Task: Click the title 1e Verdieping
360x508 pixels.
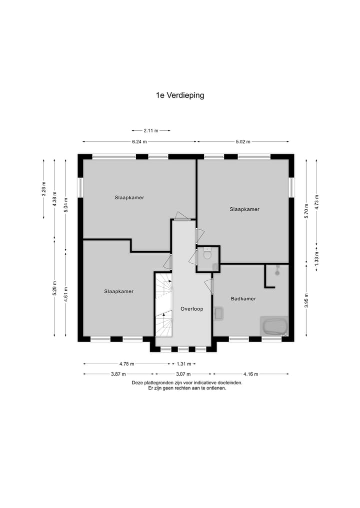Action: click(180, 95)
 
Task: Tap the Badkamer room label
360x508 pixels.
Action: click(243, 299)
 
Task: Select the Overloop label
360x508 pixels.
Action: click(191, 309)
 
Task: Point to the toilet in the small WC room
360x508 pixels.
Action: click(207, 255)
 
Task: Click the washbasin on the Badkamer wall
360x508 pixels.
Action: click(218, 313)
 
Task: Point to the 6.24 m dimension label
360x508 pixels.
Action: click(139, 142)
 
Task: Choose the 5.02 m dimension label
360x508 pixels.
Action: click(243, 142)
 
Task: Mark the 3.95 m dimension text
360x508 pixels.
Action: click(305, 301)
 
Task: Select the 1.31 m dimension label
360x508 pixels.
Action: click(182, 364)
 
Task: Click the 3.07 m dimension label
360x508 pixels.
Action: click(183, 374)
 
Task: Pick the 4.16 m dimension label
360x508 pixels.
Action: click(251, 374)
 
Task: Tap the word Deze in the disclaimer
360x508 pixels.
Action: click(137, 383)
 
